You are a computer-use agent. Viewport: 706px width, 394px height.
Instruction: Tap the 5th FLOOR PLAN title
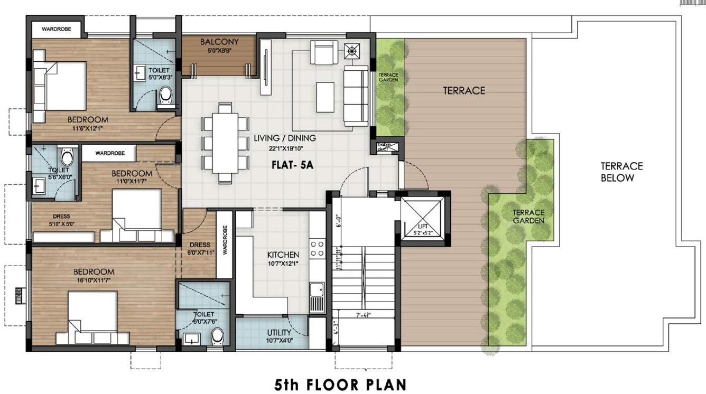point(341,384)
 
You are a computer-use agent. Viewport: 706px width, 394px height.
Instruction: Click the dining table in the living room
point(225,137)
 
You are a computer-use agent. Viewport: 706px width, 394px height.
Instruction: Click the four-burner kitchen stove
point(317,249)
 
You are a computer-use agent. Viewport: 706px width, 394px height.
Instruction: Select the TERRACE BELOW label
point(621,172)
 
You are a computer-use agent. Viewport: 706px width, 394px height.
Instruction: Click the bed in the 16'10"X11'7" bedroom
point(92,317)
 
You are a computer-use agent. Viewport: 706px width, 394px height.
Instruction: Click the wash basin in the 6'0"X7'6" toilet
point(190,338)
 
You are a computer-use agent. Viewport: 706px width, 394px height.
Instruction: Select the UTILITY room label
point(278,332)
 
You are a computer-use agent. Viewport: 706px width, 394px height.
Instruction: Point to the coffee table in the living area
point(325,97)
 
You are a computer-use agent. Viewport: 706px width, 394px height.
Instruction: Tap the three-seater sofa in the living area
point(356,96)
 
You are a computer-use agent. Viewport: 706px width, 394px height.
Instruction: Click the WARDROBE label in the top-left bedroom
point(57,29)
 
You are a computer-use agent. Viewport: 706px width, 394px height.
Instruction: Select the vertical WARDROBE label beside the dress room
point(225,240)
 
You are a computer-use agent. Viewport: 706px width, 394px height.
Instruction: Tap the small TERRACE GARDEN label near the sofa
point(388,78)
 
